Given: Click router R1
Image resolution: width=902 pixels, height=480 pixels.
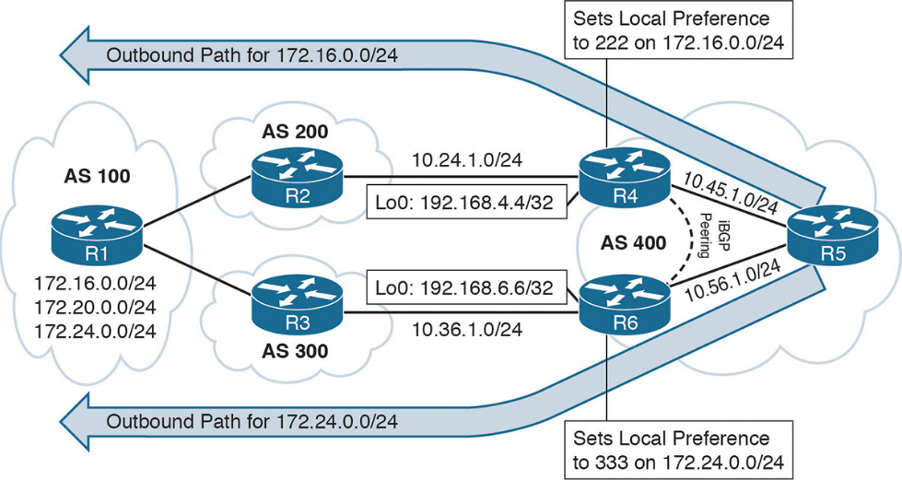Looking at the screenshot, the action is pos(97,236).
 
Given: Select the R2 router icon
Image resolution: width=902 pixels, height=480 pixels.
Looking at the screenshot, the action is pos(297,178).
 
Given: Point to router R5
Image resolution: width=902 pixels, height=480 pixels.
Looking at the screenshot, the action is pos(833,236).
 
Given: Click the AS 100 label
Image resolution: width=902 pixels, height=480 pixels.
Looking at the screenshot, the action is pos(98,176).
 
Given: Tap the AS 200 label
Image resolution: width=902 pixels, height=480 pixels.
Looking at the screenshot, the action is pos(295,132).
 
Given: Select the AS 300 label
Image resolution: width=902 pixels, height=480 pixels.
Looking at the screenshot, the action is pos(295,350).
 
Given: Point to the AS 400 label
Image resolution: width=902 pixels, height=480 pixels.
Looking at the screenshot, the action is pos(633,243).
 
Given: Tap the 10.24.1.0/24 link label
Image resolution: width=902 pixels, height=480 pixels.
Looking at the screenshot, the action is pos(467,160).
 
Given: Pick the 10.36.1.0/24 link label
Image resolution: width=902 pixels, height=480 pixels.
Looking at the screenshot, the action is pos(467,329).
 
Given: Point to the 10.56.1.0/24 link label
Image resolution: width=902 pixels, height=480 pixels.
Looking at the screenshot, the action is pos(732,280).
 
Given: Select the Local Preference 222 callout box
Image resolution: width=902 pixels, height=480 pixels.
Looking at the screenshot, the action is pos(679,29).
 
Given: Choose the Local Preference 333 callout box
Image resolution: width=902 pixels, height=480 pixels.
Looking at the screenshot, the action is pos(679,451).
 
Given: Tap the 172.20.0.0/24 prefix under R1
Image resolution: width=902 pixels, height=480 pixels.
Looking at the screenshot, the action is pos(96,308).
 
